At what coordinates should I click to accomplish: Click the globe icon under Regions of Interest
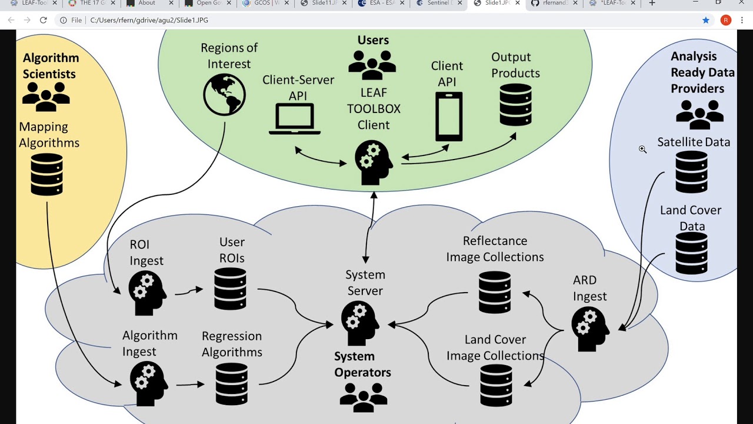pyautogui.click(x=224, y=95)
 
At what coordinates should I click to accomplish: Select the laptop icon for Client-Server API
pyautogui.click(x=295, y=119)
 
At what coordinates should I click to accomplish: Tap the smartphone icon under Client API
pyautogui.click(x=448, y=117)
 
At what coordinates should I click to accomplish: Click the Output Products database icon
pyautogui.click(x=515, y=105)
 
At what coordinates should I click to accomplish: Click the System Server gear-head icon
pyautogui.click(x=359, y=323)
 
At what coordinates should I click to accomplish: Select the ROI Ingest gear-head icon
pyautogui.click(x=147, y=293)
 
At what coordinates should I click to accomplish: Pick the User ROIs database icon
pyautogui.click(x=230, y=289)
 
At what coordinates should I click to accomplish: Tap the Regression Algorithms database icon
pyautogui.click(x=231, y=384)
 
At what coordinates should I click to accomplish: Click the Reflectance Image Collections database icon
pyautogui.click(x=495, y=293)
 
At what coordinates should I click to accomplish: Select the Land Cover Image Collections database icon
pyautogui.click(x=496, y=385)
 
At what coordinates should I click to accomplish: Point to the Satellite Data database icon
pyautogui.click(x=691, y=172)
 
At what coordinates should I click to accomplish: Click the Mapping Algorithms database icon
pyautogui.click(x=46, y=174)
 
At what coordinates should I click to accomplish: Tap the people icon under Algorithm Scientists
pyautogui.click(x=46, y=97)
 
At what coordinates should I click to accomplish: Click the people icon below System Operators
pyautogui.click(x=364, y=397)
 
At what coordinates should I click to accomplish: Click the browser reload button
pyautogui.click(x=43, y=20)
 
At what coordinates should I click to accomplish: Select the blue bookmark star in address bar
pyautogui.click(x=706, y=20)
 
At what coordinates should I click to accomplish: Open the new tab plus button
pyautogui.click(x=652, y=3)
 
